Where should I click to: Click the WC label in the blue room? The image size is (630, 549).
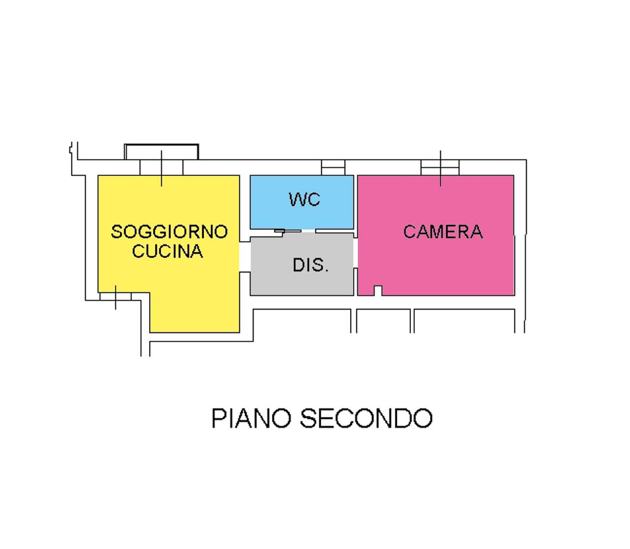point(304,199)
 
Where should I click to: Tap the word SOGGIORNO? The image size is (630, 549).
point(169,231)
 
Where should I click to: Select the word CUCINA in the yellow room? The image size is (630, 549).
point(167,251)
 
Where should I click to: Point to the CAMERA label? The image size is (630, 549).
point(443,231)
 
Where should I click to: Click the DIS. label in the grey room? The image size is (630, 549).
point(310,265)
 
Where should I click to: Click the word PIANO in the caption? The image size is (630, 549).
point(251,419)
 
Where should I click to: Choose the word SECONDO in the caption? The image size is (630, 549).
point(366,419)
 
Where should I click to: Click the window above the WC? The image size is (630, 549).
point(333,167)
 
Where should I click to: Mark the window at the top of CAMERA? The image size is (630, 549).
point(440,167)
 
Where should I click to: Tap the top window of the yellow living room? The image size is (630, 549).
point(161,167)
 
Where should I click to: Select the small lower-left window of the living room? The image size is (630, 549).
point(116,296)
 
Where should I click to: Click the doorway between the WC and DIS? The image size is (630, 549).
point(308,231)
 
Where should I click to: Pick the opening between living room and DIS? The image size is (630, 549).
point(245,257)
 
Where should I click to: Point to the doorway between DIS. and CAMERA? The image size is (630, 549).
point(355,253)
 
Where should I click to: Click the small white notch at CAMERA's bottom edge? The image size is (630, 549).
point(378,291)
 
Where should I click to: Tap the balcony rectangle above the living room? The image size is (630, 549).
point(161,152)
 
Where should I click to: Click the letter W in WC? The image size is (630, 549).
point(297,199)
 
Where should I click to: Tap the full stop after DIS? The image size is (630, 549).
point(326,271)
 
